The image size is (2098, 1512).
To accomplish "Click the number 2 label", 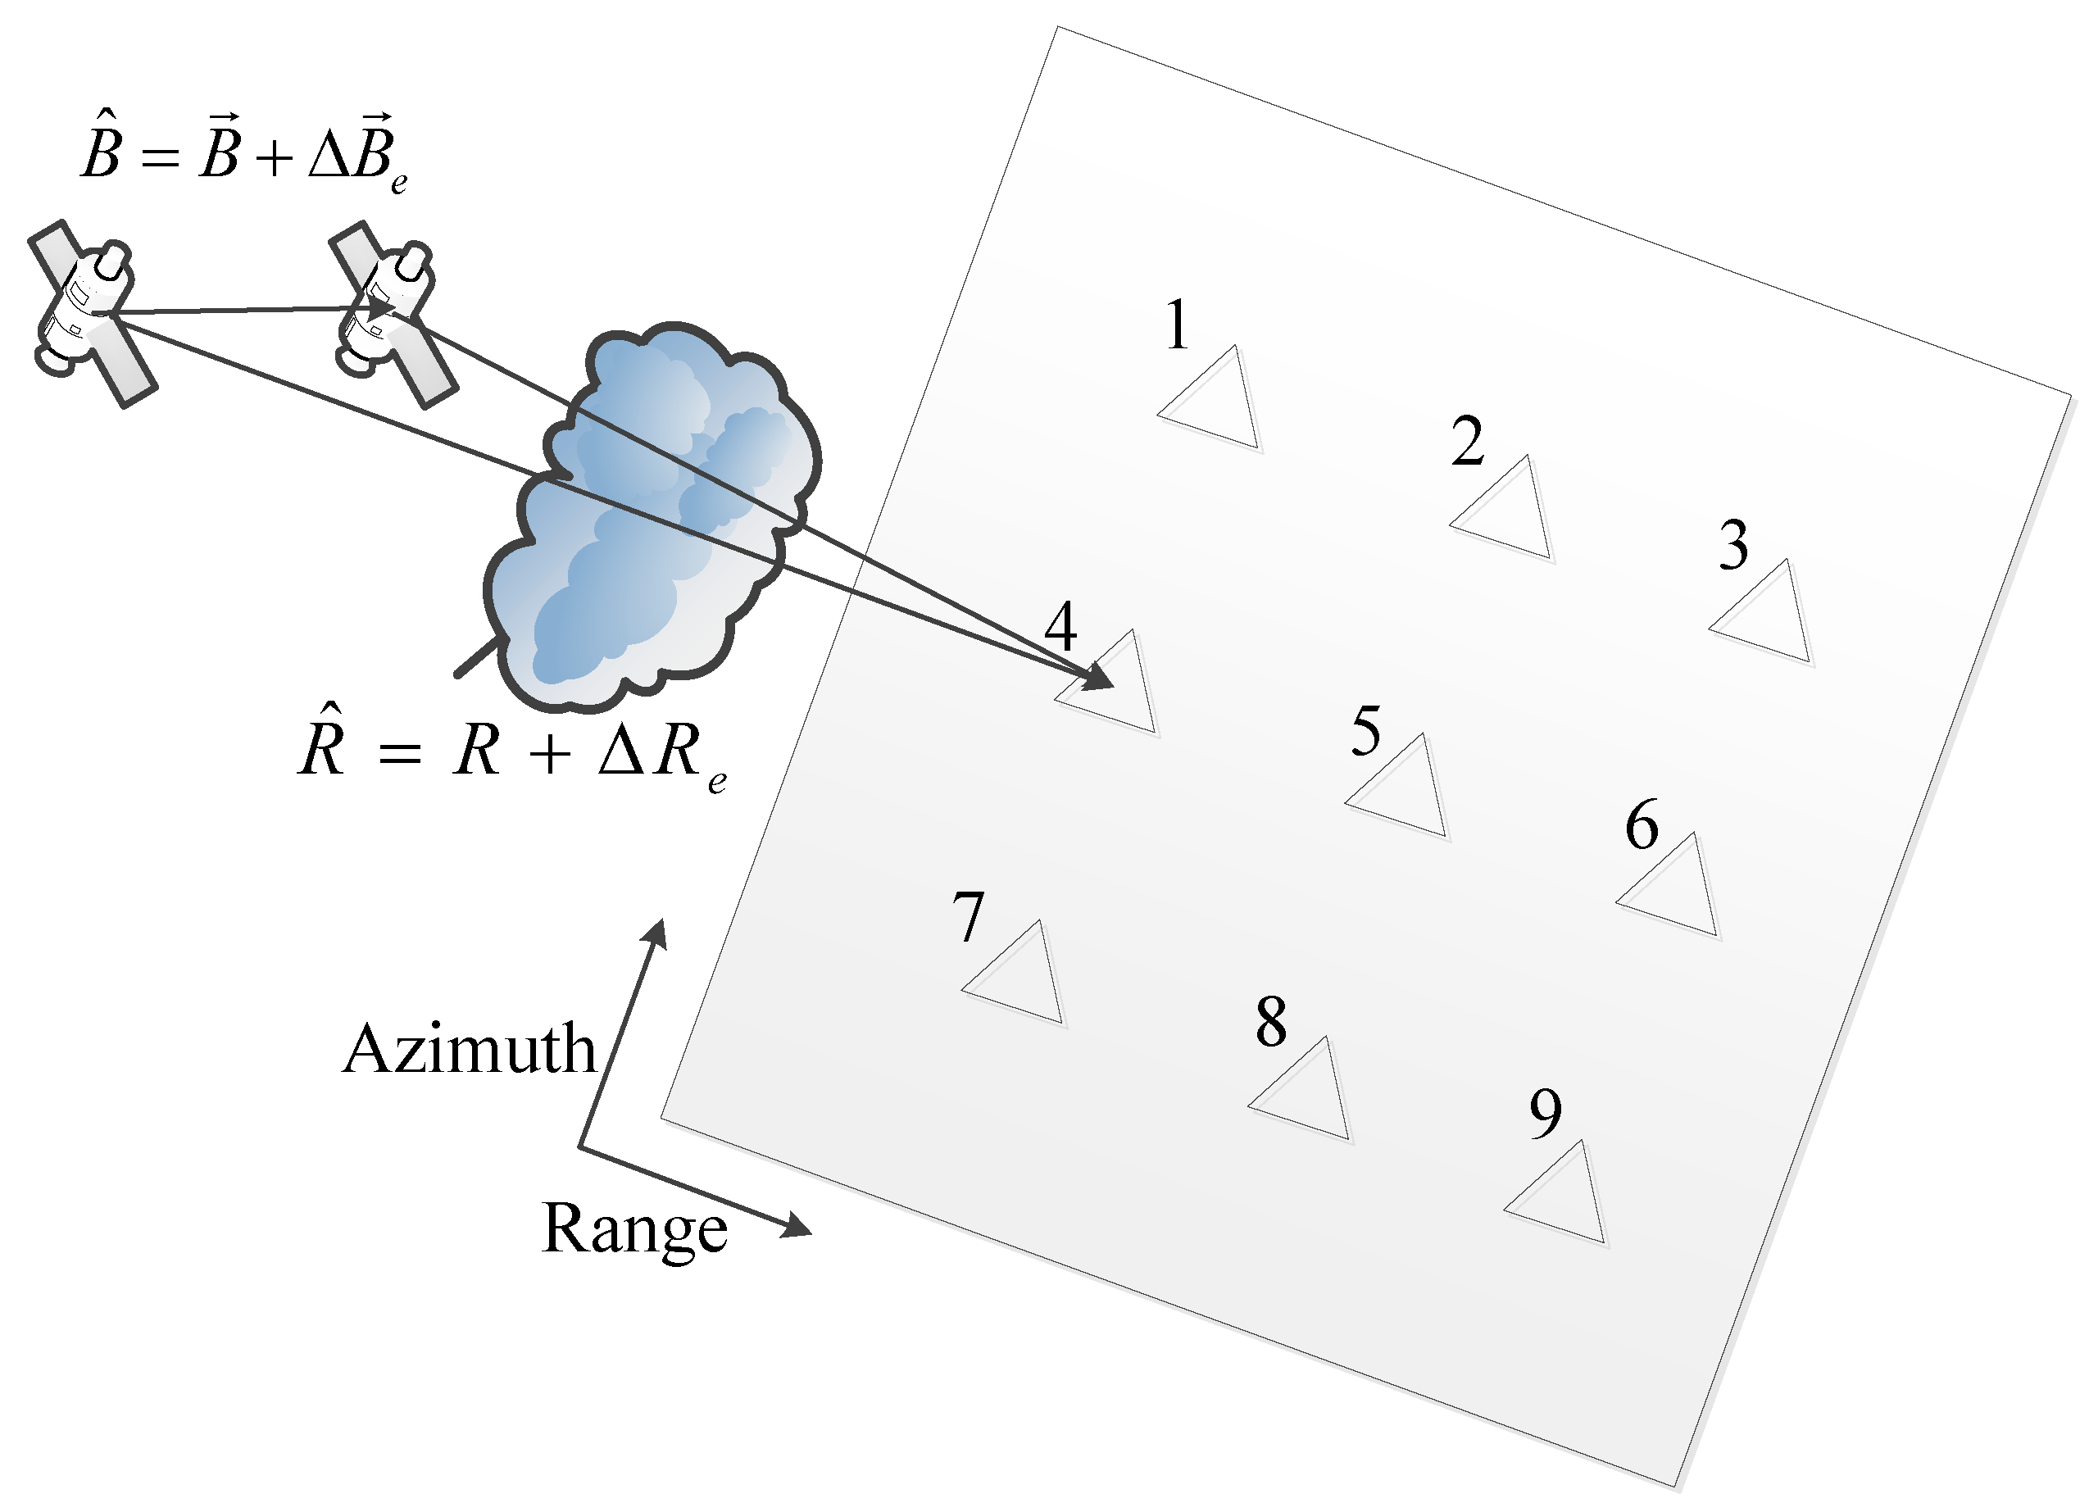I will (x=1467, y=442).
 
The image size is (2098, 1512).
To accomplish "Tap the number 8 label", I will (x=1271, y=1023).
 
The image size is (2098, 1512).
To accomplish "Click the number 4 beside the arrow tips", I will (x=1060, y=627).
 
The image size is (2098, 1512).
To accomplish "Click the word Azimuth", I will (x=470, y=1051).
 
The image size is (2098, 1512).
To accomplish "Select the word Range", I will (x=634, y=1229).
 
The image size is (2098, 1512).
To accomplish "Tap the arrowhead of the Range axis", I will (x=797, y=1228).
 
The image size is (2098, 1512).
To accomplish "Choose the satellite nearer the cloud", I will (x=391, y=311).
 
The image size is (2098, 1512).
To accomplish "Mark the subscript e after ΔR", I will (x=717, y=783).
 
